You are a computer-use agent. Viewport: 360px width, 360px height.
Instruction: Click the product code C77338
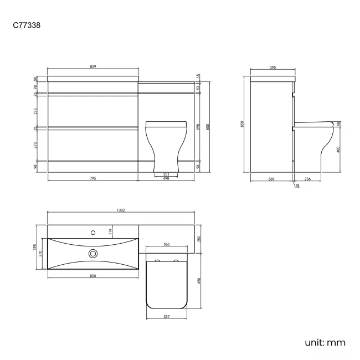click(x=25, y=25)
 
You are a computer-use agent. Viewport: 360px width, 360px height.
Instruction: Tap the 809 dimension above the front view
click(x=92, y=67)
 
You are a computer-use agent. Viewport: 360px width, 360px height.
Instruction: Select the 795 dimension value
click(x=92, y=178)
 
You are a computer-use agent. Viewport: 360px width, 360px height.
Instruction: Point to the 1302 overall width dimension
click(x=121, y=210)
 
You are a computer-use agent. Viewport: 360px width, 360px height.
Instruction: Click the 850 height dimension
click(x=242, y=125)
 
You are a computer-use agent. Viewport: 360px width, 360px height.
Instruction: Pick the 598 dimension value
click(x=198, y=126)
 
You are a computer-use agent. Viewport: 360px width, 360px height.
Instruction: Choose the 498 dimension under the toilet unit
click(x=166, y=178)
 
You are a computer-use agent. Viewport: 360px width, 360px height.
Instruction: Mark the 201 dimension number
click(x=166, y=174)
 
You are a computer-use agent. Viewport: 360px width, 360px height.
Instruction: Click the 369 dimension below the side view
click(x=271, y=178)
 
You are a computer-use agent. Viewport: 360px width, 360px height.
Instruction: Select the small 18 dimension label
click(x=297, y=186)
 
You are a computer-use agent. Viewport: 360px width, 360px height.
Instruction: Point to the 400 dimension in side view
click(x=338, y=148)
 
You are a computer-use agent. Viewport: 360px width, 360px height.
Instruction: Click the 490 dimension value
click(x=200, y=281)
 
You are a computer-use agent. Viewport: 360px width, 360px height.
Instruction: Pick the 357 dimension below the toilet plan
click(x=166, y=317)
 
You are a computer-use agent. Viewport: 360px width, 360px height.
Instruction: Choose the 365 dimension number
click(x=166, y=244)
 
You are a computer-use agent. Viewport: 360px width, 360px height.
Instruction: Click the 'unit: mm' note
click(x=325, y=342)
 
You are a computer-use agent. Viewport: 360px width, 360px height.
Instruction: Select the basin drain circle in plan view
click(x=92, y=254)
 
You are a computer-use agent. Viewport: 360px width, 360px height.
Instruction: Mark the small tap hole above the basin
click(x=92, y=229)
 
